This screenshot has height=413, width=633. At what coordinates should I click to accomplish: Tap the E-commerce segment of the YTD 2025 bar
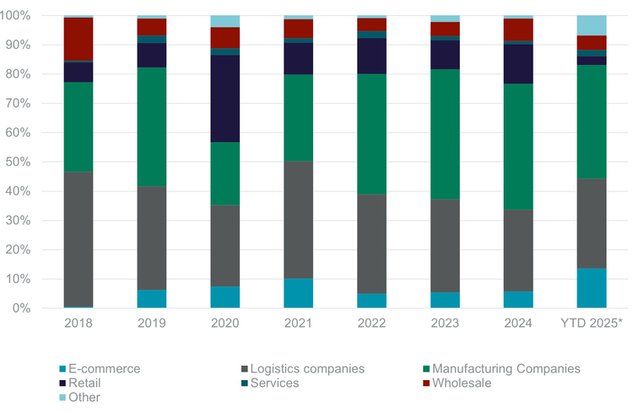coord(592,288)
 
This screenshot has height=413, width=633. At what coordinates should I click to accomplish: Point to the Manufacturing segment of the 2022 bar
coord(371,134)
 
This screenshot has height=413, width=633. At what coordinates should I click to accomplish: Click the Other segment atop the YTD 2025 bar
coord(592,25)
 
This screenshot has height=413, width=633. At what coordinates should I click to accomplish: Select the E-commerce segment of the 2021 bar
coord(298,293)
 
